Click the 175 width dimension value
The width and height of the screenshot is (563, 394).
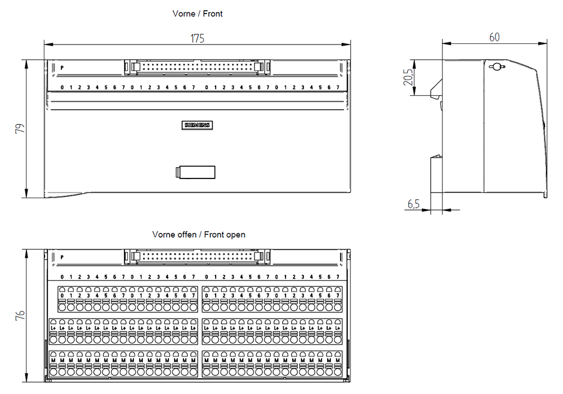click(197, 38)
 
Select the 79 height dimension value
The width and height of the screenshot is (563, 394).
click(20, 129)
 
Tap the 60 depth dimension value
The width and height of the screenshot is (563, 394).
click(494, 37)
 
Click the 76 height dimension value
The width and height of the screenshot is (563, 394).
click(20, 315)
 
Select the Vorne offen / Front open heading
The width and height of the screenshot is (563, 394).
click(199, 234)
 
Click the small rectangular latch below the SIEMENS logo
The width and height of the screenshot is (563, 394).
click(196, 172)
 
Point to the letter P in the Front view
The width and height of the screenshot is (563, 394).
click(62, 68)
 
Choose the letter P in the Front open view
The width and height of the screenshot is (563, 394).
click(62, 257)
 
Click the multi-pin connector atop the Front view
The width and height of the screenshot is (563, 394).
click(196, 67)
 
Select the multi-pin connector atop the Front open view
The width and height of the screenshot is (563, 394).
click(196, 256)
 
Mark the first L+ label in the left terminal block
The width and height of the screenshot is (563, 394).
click(53, 328)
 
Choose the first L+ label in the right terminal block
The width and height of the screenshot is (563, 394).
click(207, 328)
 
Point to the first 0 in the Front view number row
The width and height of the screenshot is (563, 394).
click(62, 87)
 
